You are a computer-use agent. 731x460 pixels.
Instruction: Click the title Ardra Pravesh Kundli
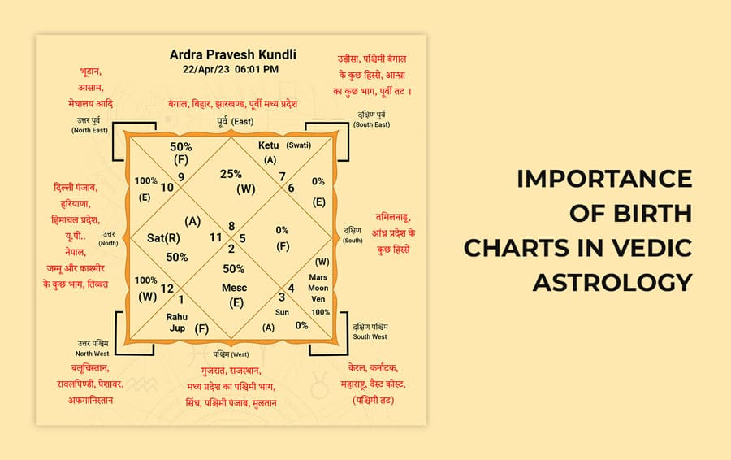point(233,55)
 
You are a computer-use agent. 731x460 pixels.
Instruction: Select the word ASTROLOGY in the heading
point(612,281)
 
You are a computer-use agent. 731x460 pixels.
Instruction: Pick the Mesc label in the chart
point(235,288)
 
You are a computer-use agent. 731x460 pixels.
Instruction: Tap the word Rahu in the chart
point(177,316)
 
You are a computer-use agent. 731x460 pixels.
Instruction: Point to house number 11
point(216,237)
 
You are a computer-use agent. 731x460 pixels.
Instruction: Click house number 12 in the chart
point(167,288)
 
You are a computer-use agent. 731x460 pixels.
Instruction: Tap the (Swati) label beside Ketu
point(298,145)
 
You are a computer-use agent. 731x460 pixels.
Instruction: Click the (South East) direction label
point(373,124)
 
